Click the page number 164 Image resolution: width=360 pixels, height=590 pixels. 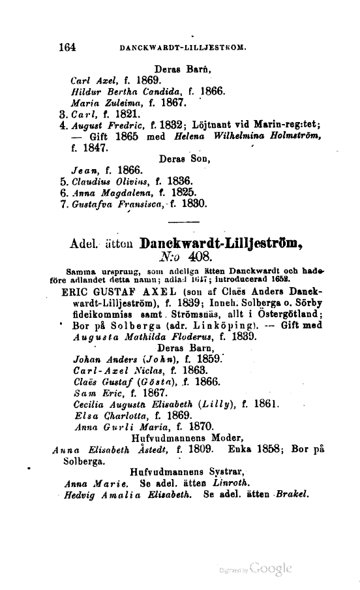pyautogui.click(x=67, y=47)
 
